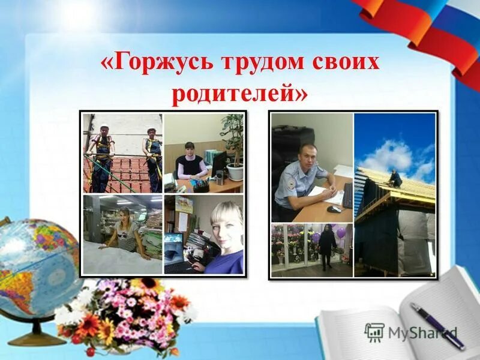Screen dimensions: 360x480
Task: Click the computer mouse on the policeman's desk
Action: [334, 209]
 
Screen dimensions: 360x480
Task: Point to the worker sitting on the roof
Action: [395, 178]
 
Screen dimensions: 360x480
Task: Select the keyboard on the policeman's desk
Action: [347, 196]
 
